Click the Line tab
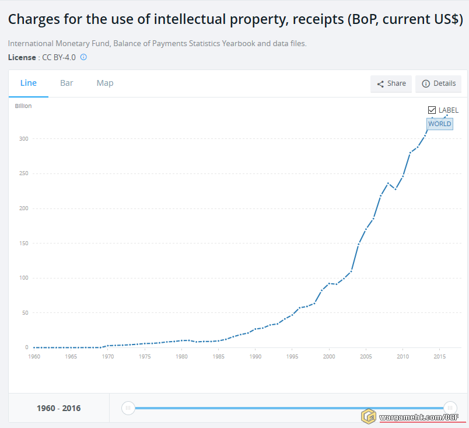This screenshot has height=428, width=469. click(29, 83)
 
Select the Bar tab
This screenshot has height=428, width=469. click(66, 83)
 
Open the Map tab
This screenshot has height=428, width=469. click(105, 83)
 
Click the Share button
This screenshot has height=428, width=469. click(391, 83)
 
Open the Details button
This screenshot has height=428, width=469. click(438, 83)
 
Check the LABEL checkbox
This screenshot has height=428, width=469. click(432, 110)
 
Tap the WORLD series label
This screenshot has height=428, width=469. click(439, 124)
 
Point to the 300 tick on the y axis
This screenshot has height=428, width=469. click(23, 139)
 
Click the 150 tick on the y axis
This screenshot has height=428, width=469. click(23, 243)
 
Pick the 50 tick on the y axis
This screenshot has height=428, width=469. click(24, 313)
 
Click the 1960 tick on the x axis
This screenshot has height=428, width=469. click(34, 357)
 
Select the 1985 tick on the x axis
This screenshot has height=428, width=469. click(219, 357)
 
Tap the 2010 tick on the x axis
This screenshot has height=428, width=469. click(403, 357)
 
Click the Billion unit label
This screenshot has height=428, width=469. click(23, 106)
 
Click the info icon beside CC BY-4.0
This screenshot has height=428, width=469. click(83, 57)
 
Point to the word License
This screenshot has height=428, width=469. click(22, 57)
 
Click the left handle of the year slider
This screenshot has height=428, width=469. click(128, 408)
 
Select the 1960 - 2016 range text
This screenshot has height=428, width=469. click(58, 408)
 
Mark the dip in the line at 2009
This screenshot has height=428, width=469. click(395, 189)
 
